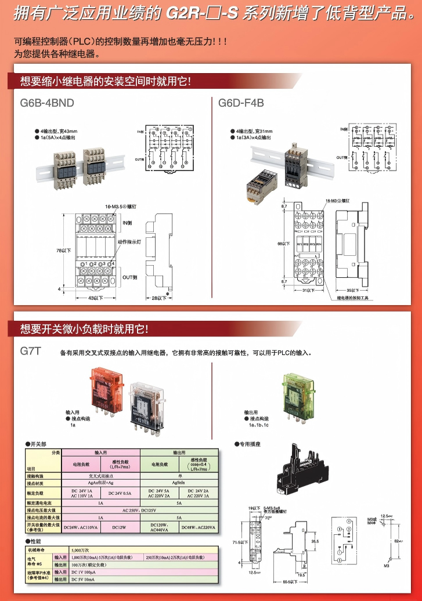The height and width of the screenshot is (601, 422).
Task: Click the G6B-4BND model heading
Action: (47, 103)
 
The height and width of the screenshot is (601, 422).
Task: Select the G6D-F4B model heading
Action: (241, 103)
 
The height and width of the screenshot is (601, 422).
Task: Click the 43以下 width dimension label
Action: (95, 298)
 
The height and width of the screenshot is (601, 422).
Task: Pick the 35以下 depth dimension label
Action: (354, 289)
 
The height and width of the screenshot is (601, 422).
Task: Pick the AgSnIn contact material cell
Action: (179, 482)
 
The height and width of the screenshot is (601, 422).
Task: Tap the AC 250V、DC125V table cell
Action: (139, 510)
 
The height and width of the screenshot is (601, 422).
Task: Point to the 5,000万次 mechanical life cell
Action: (80, 548)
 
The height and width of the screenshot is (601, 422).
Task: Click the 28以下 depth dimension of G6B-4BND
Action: (153, 298)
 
